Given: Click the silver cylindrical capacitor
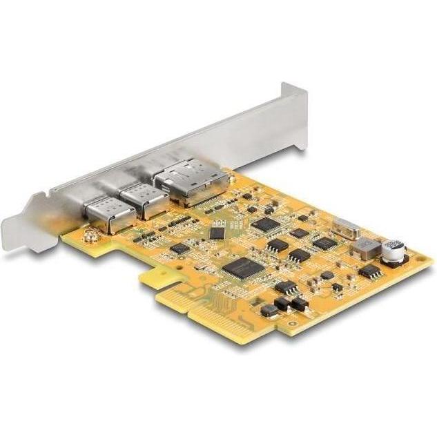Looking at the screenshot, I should pyautogui.click(x=394, y=249).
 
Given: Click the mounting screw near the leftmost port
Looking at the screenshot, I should pyautogui.click(x=89, y=237).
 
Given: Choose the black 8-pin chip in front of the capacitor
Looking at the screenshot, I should pyautogui.click(x=371, y=271).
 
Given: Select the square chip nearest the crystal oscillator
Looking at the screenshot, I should pyautogui.click(x=323, y=242).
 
